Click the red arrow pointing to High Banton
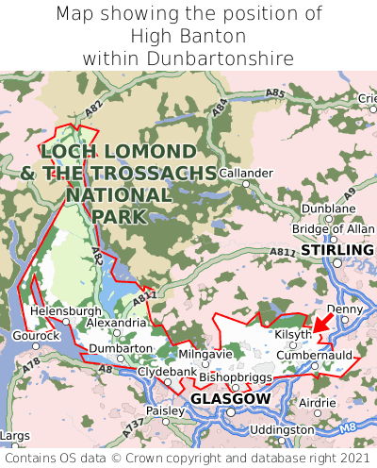point(321,324)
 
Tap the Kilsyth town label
point(292,335)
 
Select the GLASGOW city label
point(230,399)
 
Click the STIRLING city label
point(336,250)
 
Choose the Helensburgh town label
point(65,310)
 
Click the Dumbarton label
point(121,348)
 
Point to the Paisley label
point(166,411)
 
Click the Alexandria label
point(116,323)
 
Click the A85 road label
point(275,93)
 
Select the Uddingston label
point(283,429)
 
